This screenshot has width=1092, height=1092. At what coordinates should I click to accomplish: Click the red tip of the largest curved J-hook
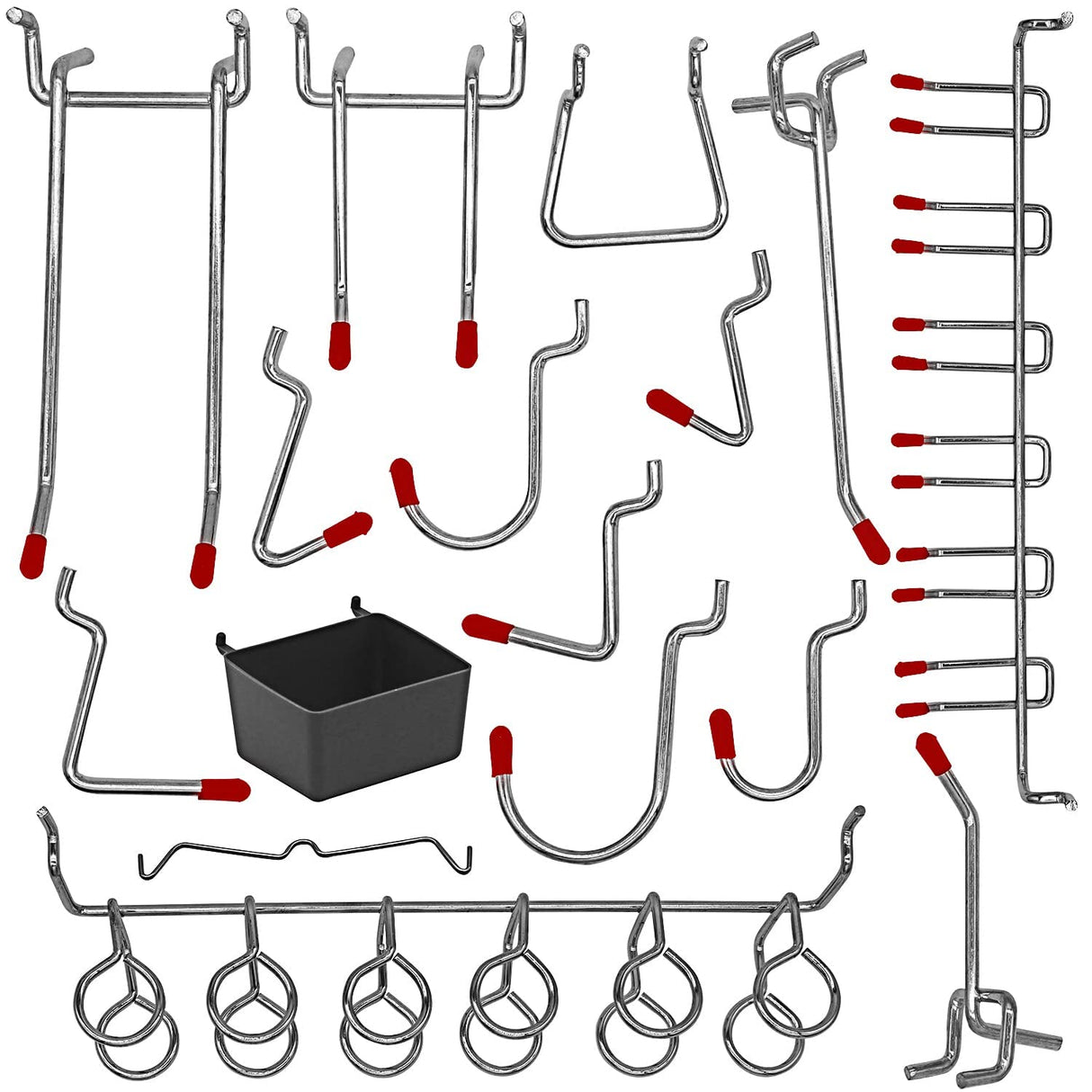(x=500, y=751)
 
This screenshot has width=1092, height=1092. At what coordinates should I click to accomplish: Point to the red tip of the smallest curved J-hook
(x=721, y=733)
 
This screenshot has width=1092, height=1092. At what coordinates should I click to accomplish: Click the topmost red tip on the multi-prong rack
(x=908, y=82)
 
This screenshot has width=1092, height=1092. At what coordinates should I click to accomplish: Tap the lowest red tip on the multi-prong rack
(x=910, y=710)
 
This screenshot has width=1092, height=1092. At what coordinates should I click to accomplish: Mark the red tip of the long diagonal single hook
(x=870, y=540)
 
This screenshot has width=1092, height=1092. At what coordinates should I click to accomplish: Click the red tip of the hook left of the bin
(x=224, y=790)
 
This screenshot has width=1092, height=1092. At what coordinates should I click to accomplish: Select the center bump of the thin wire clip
(x=305, y=846)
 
